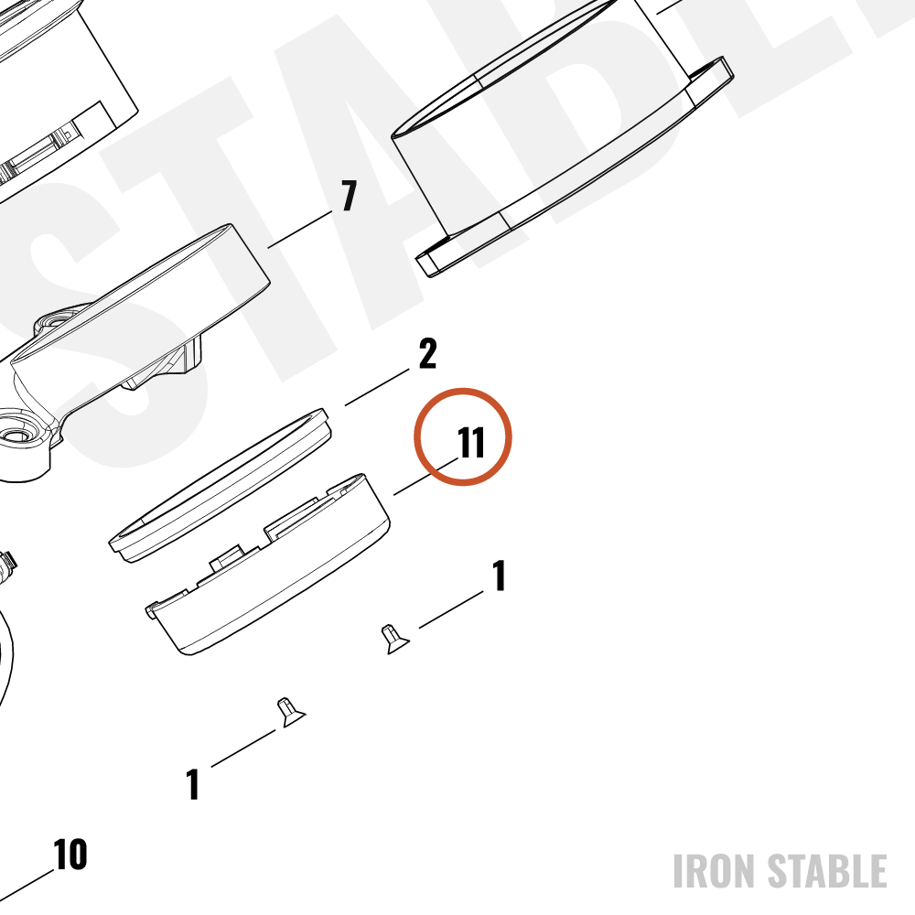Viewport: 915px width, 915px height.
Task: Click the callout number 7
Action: pos(349,196)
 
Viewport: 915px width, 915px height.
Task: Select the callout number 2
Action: pos(427,353)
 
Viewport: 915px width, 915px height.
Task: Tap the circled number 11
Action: pos(471,442)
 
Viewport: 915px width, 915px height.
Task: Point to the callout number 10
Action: pos(70,855)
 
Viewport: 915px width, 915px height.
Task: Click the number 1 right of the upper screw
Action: pos(499,576)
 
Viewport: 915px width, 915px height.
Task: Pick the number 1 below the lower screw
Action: pos(193,784)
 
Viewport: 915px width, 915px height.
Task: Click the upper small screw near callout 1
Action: pos(394,639)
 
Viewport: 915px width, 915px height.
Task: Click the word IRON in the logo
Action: pos(715,871)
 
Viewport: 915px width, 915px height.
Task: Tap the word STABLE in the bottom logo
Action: pos(827,871)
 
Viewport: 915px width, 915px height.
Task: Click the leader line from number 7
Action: pos(300,230)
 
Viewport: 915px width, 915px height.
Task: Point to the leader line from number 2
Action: pos(377,387)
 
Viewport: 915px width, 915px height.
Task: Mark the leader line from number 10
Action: pos(27,887)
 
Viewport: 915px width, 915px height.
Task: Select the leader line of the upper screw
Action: pos(451,609)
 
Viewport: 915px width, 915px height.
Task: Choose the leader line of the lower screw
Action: pos(243,748)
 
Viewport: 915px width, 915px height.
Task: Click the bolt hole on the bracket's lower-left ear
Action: pos(17,436)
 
